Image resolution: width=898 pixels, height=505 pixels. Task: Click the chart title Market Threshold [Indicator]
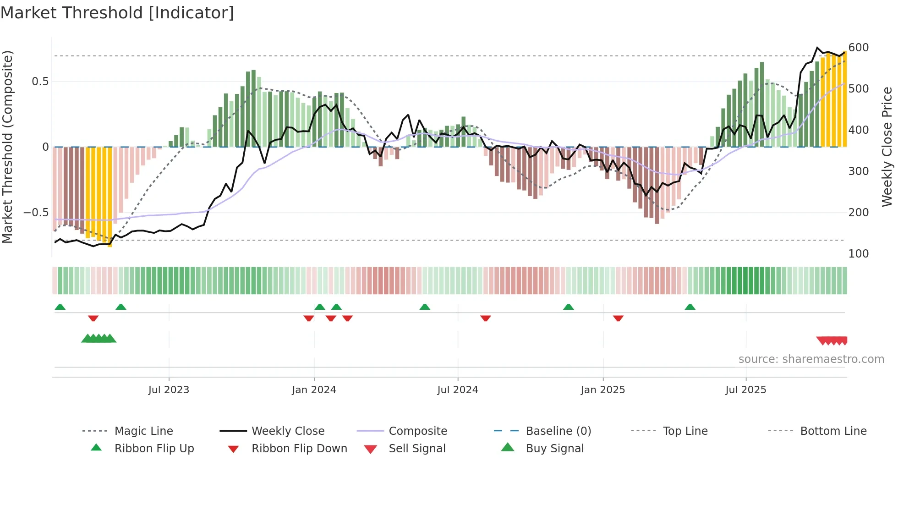click(117, 13)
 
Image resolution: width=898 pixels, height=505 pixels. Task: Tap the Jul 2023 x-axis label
click(169, 390)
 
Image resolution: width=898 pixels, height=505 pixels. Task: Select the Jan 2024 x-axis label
click(314, 390)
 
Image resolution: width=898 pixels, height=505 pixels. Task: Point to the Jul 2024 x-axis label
click(457, 390)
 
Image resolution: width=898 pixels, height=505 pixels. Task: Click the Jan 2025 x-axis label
click(602, 390)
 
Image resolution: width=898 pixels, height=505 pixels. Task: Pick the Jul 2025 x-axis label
click(745, 390)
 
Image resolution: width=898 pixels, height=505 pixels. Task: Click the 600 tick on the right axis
click(858, 48)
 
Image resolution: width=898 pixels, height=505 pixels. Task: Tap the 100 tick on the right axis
click(858, 254)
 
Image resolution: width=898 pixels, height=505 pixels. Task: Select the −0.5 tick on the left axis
click(36, 213)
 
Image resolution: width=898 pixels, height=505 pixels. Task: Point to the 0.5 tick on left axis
click(40, 82)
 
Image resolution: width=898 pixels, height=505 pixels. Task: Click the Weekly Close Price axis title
click(887, 147)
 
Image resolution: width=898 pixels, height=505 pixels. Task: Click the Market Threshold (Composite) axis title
click(7, 147)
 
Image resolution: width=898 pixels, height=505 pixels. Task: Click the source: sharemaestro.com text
click(811, 359)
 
